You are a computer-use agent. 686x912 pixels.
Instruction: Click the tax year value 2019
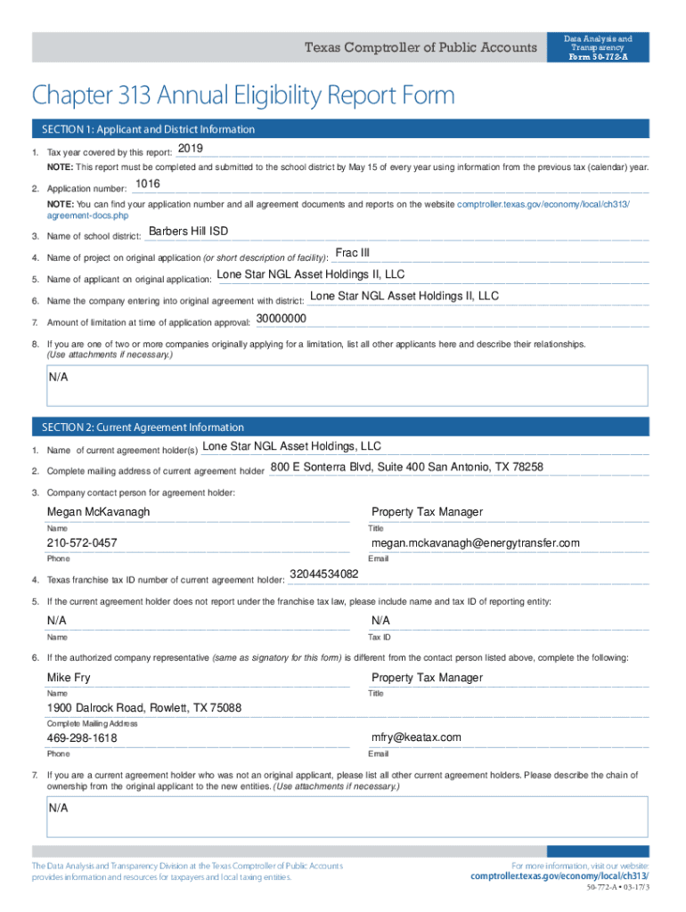click(x=191, y=148)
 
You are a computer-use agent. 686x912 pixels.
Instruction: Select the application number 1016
click(x=147, y=184)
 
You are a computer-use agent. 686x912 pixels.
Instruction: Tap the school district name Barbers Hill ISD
click(x=188, y=232)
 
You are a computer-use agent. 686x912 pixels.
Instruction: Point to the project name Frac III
click(x=352, y=253)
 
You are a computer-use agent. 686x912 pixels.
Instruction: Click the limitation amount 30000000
click(x=282, y=318)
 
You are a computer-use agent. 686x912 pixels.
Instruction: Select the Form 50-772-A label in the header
click(x=599, y=57)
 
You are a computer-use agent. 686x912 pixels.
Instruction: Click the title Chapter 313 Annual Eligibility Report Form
click(x=242, y=95)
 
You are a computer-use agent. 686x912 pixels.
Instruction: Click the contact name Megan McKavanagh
click(x=98, y=512)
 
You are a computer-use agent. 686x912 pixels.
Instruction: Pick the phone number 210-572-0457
click(x=82, y=543)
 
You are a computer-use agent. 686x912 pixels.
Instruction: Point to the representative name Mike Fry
click(x=69, y=678)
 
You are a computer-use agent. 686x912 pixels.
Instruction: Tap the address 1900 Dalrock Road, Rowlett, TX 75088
click(x=144, y=708)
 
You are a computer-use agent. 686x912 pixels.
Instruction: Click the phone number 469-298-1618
click(x=82, y=738)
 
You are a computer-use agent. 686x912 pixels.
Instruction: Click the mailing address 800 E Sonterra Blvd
click(x=406, y=467)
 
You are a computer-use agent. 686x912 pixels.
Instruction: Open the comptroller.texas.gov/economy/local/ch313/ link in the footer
click(x=559, y=876)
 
